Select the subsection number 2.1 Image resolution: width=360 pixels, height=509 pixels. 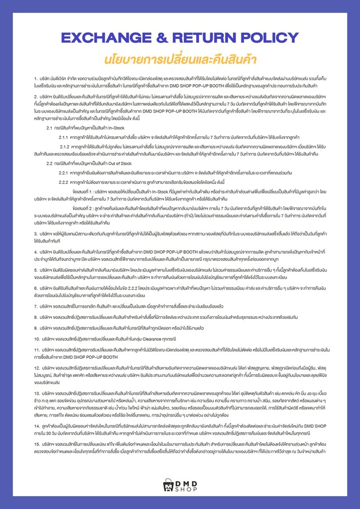pyautogui.click(x=49, y=128)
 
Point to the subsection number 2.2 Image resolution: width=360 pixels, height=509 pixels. pyautogui.click(x=49, y=163)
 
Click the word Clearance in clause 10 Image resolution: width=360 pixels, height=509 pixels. pyautogui.click(x=147, y=340)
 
